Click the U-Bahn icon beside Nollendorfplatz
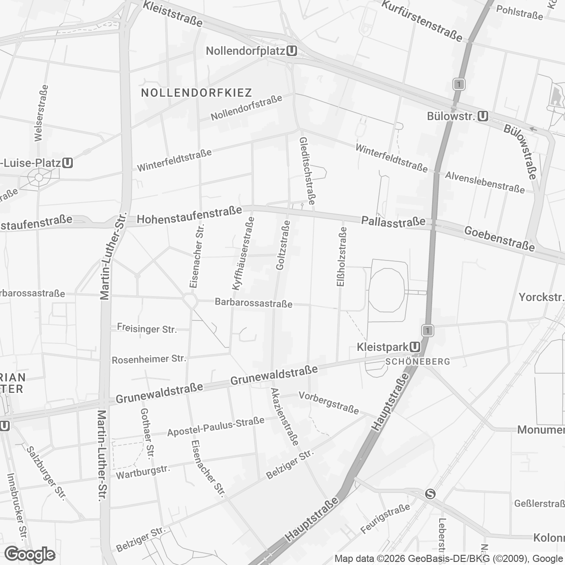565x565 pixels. pos(291,51)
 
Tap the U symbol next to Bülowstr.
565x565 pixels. pos(483,116)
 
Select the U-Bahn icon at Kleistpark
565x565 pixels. pos(415,347)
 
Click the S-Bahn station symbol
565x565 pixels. pos(430,494)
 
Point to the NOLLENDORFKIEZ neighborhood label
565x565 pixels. pos(196,93)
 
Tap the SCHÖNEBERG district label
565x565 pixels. pos(418,362)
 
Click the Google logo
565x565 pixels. pos(30,554)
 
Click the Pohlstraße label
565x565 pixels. pos(520,12)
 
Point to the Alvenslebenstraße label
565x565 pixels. pos(485,182)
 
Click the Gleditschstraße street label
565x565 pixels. pos(307,170)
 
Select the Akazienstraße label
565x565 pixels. pos(285,417)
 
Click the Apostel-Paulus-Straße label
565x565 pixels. pos(215,426)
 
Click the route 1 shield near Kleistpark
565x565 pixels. pos(427,330)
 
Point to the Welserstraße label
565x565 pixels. pos(41,113)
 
